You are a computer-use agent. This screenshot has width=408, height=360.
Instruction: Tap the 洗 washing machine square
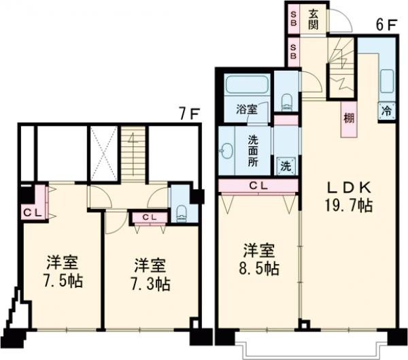click(286, 165)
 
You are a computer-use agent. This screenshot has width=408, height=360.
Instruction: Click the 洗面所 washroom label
click(254, 150)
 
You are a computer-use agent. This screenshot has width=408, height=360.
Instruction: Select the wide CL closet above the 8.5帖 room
click(258, 185)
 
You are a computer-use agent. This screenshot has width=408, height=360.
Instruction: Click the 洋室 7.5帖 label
click(63, 271)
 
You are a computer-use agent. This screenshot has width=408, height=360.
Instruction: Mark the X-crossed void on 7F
click(104, 154)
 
